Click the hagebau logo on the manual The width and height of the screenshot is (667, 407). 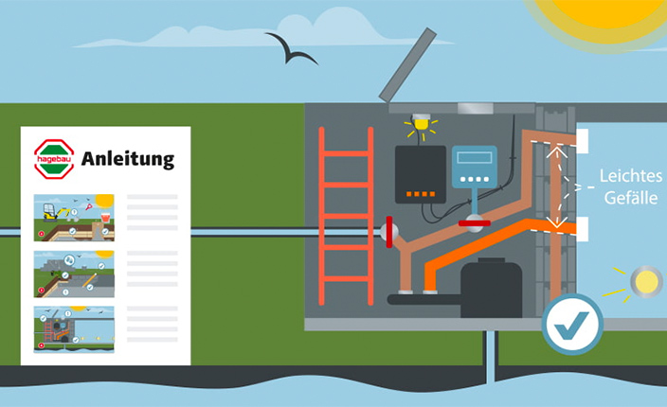(x=54, y=158)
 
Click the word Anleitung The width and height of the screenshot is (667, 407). (x=128, y=158)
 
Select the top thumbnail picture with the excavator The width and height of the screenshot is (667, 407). (x=74, y=218)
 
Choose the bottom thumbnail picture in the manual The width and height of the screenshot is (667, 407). (x=74, y=328)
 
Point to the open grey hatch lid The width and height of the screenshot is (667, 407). (x=408, y=64)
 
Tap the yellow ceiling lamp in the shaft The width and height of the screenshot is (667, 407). (x=420, y=125)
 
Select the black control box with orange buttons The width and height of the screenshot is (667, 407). (x=420, y=174)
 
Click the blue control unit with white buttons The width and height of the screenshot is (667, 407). (x=473, y=169)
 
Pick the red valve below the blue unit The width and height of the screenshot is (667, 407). (x=473, y=223)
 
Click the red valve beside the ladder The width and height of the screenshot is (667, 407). (x=388, y=231)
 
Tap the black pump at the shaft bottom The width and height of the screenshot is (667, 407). (x=490, y=288)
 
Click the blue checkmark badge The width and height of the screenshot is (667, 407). (x=571, y=324)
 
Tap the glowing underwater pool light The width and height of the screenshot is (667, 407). (x=646, y=281)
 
